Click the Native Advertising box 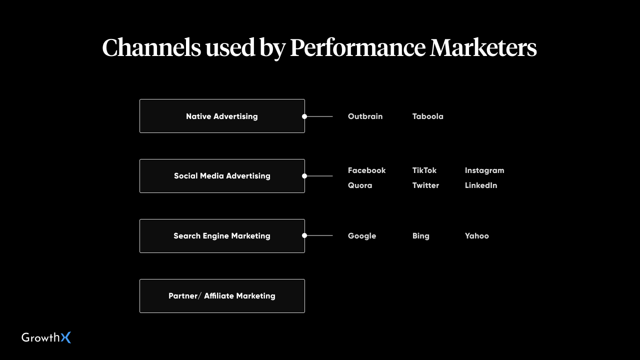pyautogui.click(x=222, y=116)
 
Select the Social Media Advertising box pyautogui.click(x=222, y=176)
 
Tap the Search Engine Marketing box pyautogui.click(x=222, y=236)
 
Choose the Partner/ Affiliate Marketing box pyautogui.click(x=222, y=296)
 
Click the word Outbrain pyautogui.click(x=365, y=116)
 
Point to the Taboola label pyautogui.click(x=427, y=116)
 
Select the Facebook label pyautogui.click(x=366, y=170)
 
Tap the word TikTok pyautogui.click(x=424, y=170)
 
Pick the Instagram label pyautogui.click(x=484, y=170)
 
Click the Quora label pyautogui.click(x=360, y=185)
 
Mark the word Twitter pyautogui.click(x=425, y=185)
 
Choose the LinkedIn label pyautogui.click(x=481, y=185)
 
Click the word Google pyautogui.click(x=362, y=236)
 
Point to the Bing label pyautogui.click(x=420, y=236)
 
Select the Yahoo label pyautogui.click(x=476, y=235)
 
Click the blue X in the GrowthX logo pyautogui.click(x=65, y=337)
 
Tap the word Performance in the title pyautogui.click(x=357, y=47)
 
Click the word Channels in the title pyautogui.click(x=151, y=47)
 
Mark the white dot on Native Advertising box pyautogui.click(x=304, y=116)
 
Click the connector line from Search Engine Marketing pyautogui.click(x=318, y=235)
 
